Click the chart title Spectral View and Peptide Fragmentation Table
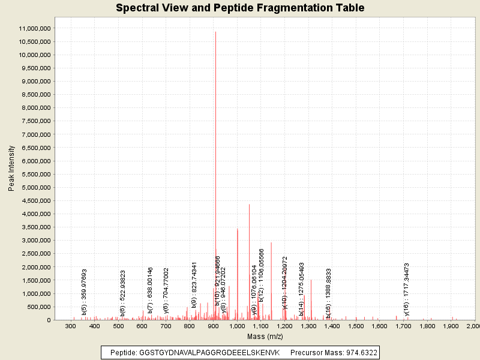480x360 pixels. click(240, 8)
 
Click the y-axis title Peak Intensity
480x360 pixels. click(11, 171)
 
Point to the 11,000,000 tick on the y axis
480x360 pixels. click(35, 28)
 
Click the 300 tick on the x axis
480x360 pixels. click(71, 326)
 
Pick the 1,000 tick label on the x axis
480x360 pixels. click(237, 326)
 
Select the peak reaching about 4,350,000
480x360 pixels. click(249, 205)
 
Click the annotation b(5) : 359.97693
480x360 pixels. click(85, 292)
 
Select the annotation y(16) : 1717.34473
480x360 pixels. click(407, 289)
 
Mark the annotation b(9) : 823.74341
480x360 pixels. click(194, 285)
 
